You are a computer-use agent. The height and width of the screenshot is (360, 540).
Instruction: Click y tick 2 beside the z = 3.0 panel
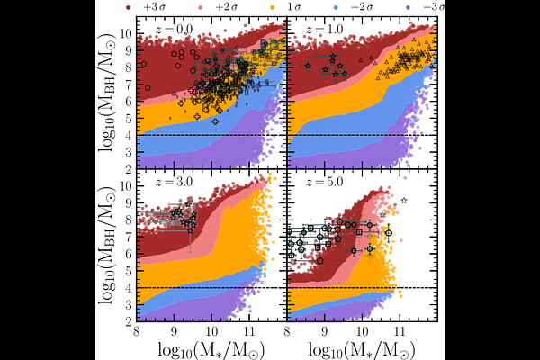tap(128, 321)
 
